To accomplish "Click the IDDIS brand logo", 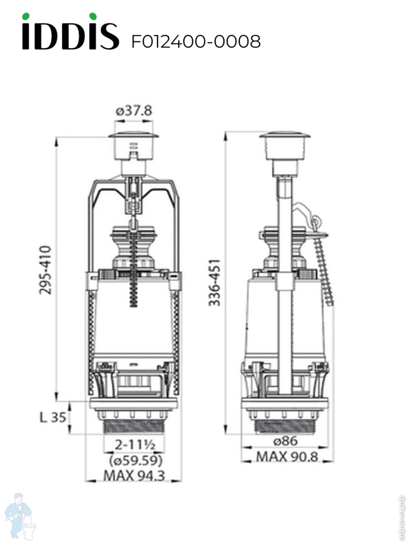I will point(70,32).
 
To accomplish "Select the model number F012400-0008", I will point(196,42).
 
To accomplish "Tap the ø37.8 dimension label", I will point(133,111).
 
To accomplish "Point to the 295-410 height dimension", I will point(45,270).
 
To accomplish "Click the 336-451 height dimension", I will point(214,282).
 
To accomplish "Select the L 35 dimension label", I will point(52,417).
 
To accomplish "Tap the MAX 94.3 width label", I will point(134,476).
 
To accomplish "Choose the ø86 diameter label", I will point(285,441).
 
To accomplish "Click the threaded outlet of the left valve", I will point(134,426).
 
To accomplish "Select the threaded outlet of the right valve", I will point(285,426).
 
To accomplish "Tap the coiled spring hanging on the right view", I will point(323,268).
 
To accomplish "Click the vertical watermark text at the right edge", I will point(402,518).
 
